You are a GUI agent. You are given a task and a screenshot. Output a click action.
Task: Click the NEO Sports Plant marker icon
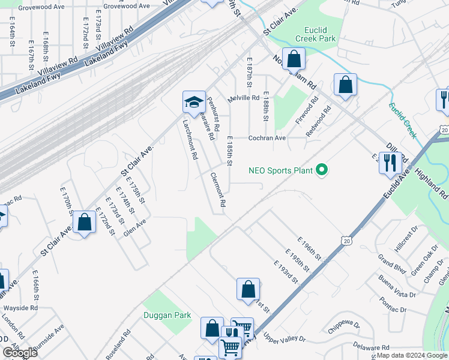[322, 171]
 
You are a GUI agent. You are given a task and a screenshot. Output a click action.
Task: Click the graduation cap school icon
[194, 102]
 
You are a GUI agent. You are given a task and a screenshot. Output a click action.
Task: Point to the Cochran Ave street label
[267, 137]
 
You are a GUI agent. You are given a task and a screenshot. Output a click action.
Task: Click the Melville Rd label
[243, 98]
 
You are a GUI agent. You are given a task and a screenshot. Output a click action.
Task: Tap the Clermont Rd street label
[218, 190]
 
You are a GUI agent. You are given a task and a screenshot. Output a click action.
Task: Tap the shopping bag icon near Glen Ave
[85, 223]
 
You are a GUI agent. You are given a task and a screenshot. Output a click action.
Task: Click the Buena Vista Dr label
[397, 286]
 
